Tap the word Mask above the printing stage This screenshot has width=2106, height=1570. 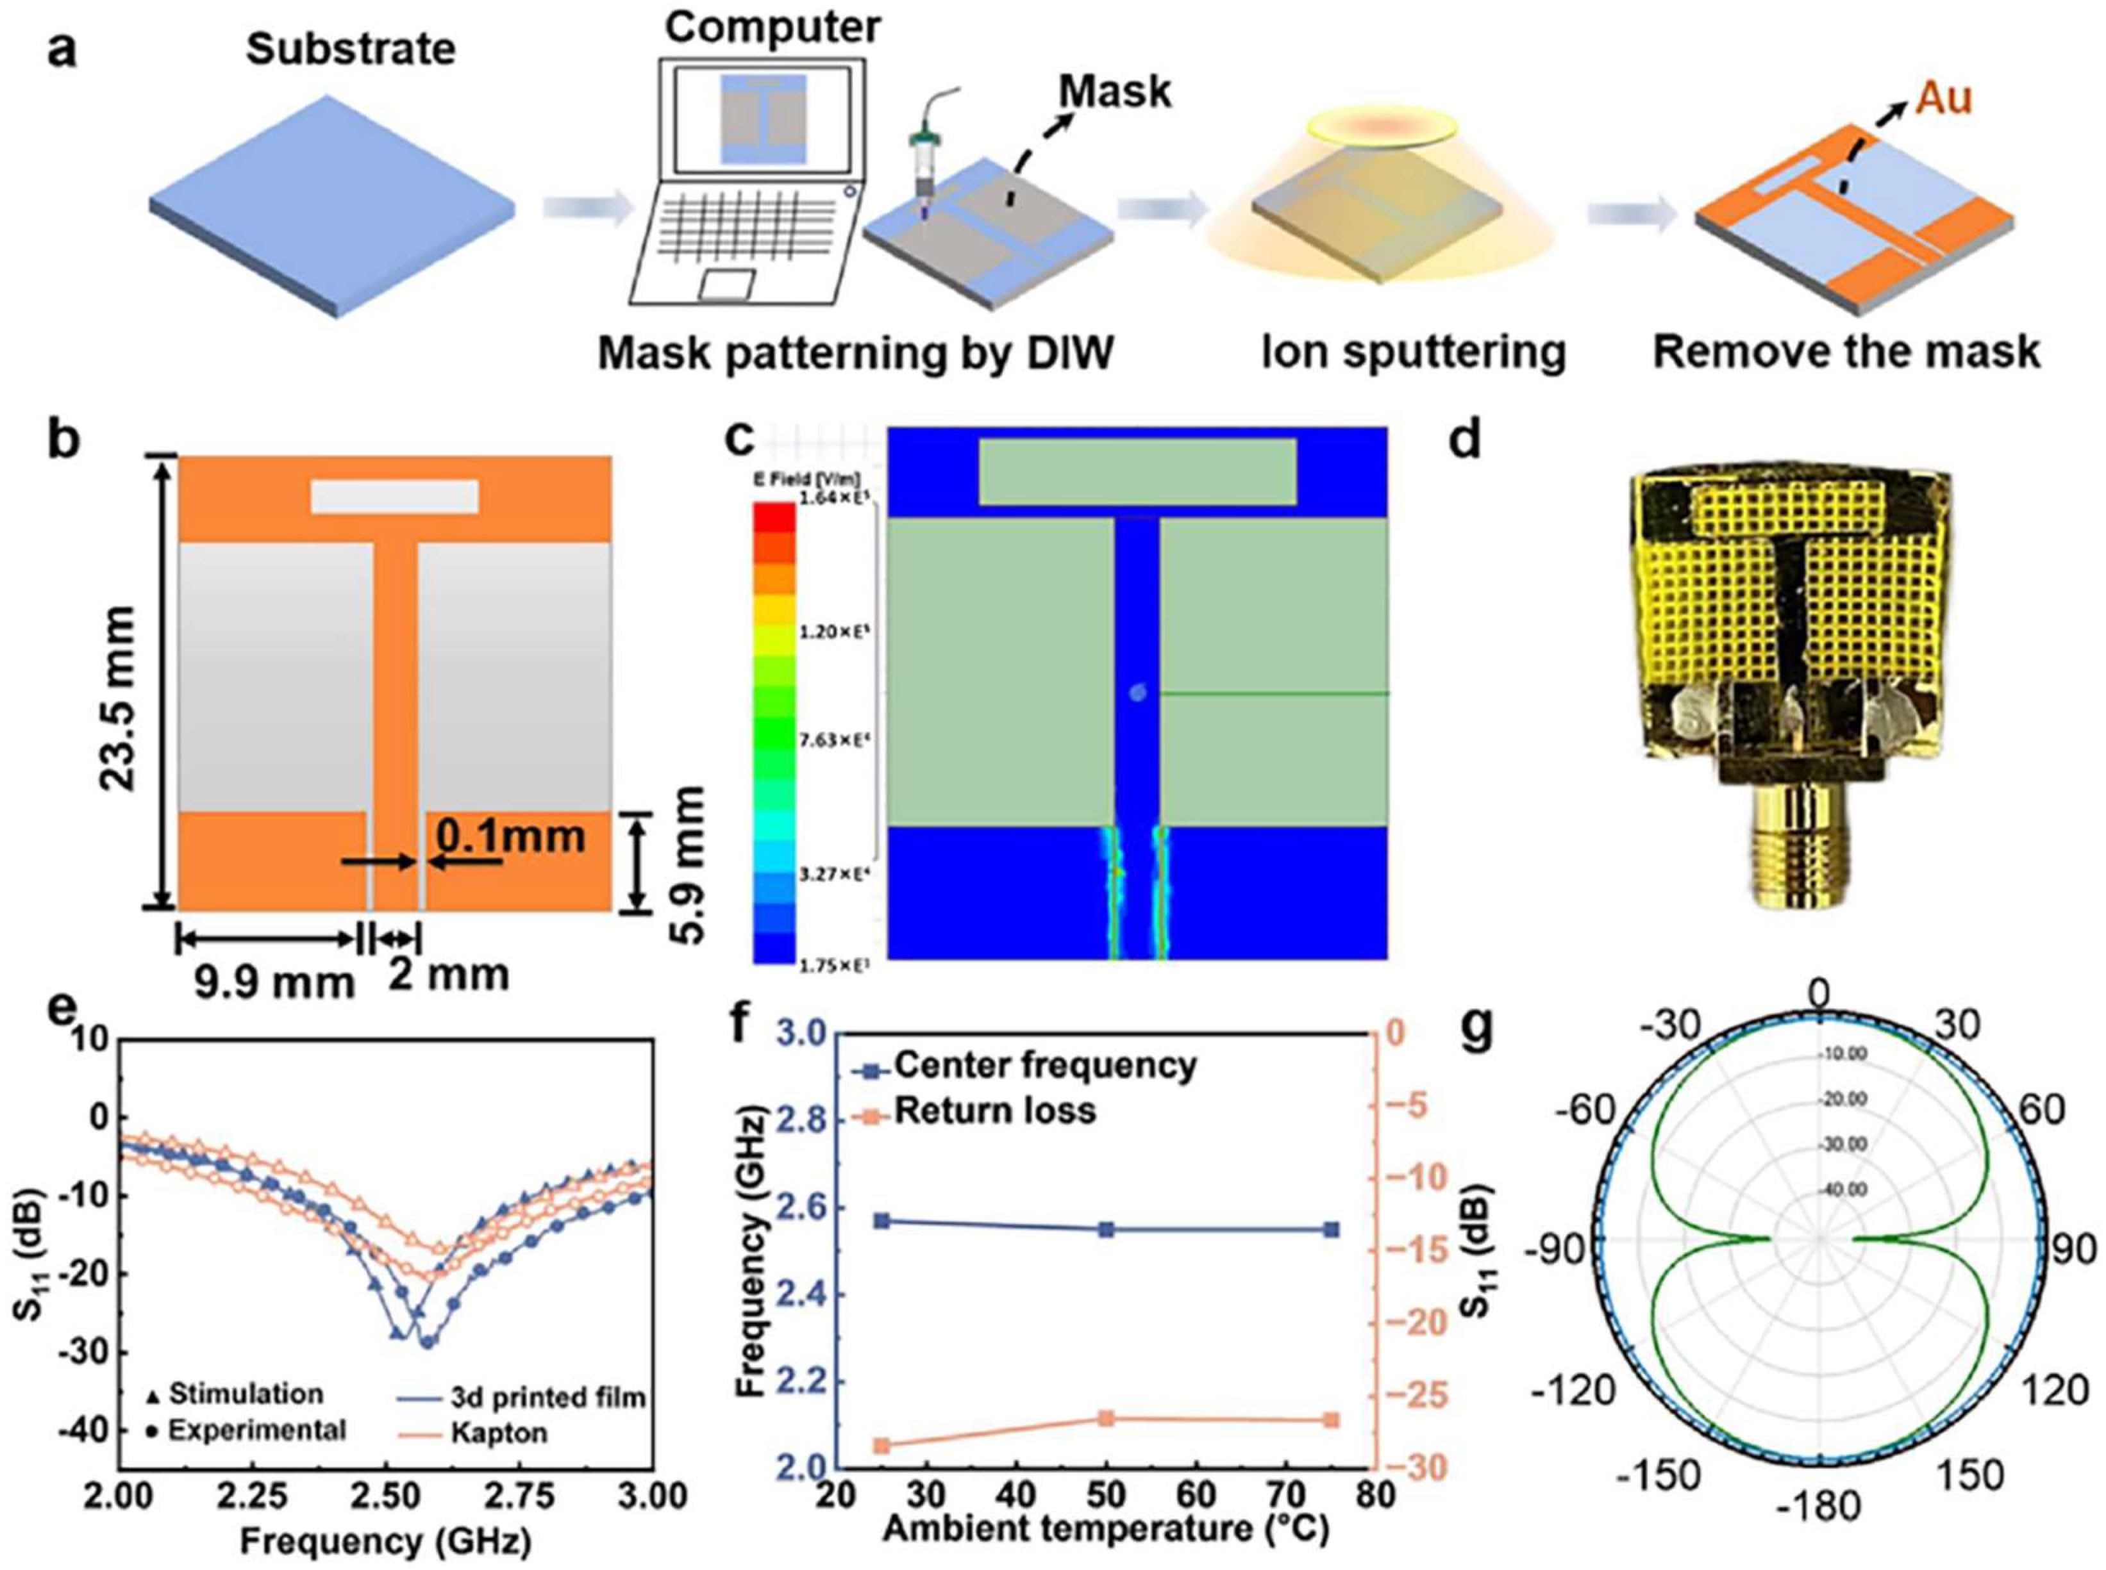click(x=1116, y=92)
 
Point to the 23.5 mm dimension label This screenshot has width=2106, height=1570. click(x=119, y=684)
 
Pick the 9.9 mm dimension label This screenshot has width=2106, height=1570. click(x=275, y=982)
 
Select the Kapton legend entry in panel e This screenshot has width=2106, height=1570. click(x=499, y=1432)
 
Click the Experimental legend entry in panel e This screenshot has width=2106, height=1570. click(x=256, y=1430)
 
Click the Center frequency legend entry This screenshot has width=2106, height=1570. click(x=1044, y=1065)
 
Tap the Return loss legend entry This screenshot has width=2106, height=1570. click(x=994, y=1110)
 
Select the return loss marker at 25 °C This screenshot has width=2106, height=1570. click(x=882, y=1446)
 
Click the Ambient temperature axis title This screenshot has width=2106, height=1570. click(x=1105, y=1529)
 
